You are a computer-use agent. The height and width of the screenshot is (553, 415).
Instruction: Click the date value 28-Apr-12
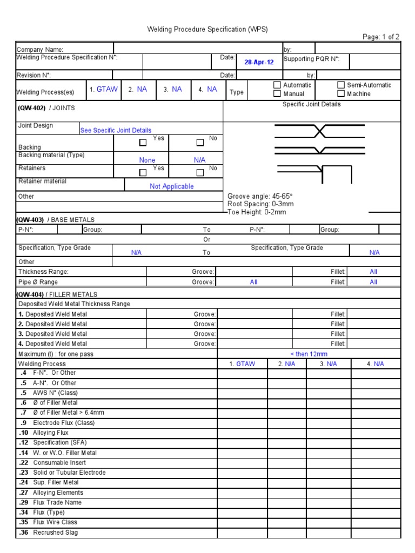259,62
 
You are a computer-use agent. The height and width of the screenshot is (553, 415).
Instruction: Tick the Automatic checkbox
277,85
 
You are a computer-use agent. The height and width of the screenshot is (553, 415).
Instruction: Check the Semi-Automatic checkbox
341,85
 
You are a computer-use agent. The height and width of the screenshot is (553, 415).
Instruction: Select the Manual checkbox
277,94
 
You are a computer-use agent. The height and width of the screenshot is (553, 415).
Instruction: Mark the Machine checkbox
341,94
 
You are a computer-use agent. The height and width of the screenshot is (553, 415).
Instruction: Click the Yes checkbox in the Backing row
143,143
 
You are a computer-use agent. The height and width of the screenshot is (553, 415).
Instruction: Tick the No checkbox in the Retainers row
200,173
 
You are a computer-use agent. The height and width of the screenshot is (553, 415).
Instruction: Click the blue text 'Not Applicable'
171,186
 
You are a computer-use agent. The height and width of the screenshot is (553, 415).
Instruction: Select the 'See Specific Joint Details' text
116,130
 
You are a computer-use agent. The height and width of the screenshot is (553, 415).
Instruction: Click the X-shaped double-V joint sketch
319,131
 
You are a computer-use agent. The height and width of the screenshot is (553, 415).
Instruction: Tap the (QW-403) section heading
30,220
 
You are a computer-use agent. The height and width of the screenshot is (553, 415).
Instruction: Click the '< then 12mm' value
309,354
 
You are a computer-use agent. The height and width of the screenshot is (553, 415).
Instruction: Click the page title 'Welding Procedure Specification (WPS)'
207,29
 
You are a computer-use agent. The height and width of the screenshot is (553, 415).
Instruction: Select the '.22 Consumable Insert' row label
52,463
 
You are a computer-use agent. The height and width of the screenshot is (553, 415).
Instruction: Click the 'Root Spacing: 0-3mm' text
260,204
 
